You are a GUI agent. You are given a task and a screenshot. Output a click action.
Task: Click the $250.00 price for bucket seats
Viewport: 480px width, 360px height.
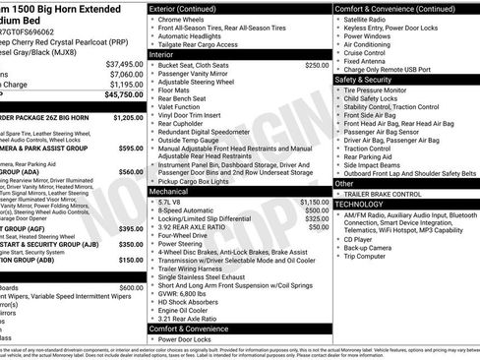point(317,65)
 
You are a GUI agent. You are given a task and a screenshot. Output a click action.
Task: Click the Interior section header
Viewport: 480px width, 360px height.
point(162,54)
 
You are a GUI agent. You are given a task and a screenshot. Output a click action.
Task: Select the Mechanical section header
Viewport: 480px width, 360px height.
point(170,191)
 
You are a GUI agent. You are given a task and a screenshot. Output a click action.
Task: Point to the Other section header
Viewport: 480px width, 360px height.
point(344,183)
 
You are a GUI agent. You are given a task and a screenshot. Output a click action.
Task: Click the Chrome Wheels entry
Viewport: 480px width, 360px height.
point(187,19)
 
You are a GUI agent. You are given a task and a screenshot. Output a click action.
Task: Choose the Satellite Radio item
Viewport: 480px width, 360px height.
point(370,19)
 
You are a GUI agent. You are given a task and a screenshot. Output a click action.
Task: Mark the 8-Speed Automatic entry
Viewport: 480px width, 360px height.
point(193,210)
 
